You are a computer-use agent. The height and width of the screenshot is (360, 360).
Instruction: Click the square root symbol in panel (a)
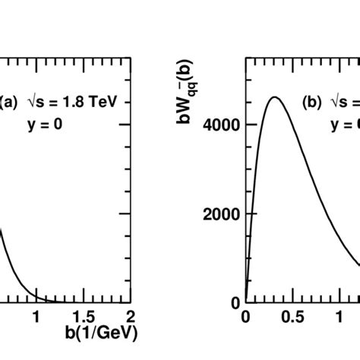(38, 100)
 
